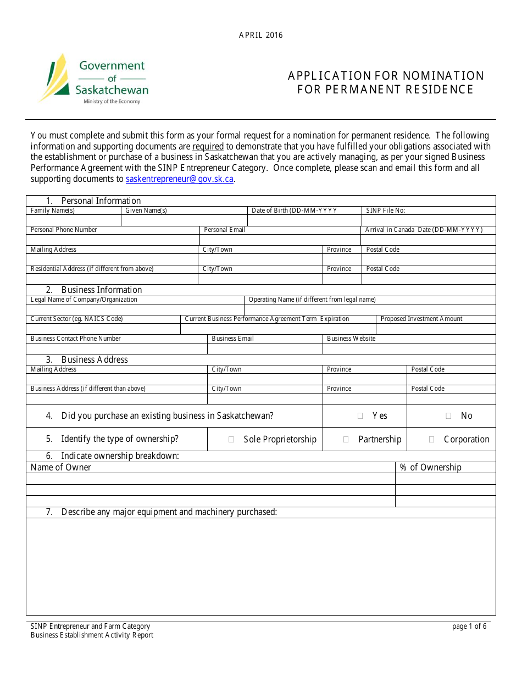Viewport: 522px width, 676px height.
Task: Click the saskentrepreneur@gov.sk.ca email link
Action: [180, 179]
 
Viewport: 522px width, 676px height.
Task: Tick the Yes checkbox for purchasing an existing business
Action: [360, 416]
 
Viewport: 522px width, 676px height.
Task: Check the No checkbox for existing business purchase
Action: [448, 416]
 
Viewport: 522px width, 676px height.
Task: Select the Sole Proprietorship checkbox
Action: [231, 440]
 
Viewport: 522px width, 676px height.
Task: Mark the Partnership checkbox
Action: [346, 440]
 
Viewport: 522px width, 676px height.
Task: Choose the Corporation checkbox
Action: [431, 440]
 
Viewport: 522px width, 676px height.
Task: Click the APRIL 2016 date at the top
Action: [260, 35]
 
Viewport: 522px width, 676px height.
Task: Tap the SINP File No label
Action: [385, 210]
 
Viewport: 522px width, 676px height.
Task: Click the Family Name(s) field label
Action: [53, 210]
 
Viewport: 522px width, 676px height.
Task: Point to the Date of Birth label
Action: [294, 210]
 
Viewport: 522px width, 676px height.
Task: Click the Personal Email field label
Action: [224, 230]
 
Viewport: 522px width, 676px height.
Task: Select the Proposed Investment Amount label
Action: [421, 319]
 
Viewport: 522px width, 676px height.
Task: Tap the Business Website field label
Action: [351, 339]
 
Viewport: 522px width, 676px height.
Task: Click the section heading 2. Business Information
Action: [101, 290]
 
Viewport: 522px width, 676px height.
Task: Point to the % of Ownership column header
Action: [430, 467]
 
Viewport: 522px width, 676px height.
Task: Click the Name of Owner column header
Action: [61, 467]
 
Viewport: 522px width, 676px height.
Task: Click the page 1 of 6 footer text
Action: [469, 627]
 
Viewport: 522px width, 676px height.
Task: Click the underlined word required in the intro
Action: [208, 146]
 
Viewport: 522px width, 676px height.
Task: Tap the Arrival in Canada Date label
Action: [424, 230]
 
